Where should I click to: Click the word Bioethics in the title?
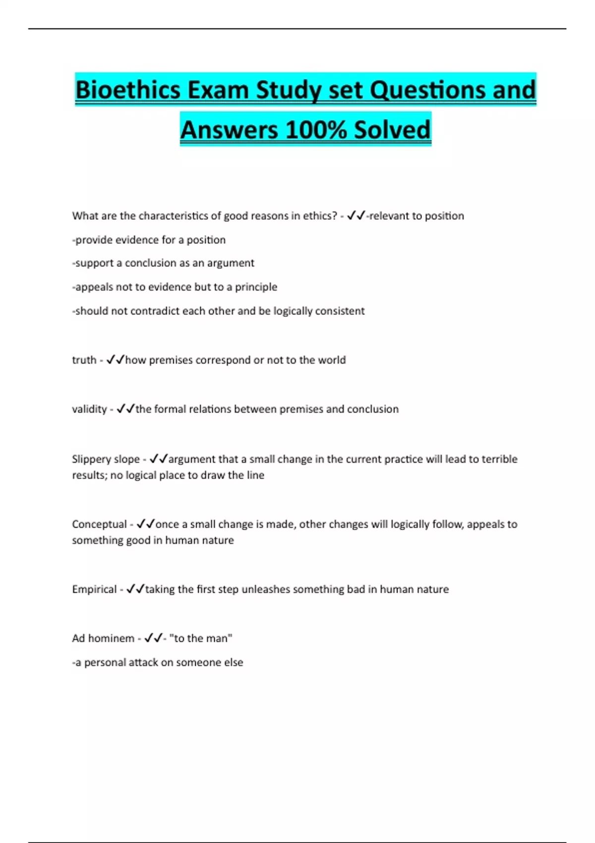click(127, 90)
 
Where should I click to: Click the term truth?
click(84, 360)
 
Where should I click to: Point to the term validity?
click(89, 409)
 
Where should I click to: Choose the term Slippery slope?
click(106, 459)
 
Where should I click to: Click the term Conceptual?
click(99, 524)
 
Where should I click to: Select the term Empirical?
click(94, 589)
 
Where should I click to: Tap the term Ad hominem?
click(103, 638)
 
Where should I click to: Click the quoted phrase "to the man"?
click(201, 638)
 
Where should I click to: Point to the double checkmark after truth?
click(115, 360)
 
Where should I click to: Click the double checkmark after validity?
click(125, 409)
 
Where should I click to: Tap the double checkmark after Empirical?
click(135, 589)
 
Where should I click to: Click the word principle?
click(256, 287)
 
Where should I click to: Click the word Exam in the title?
click(218, 90)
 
